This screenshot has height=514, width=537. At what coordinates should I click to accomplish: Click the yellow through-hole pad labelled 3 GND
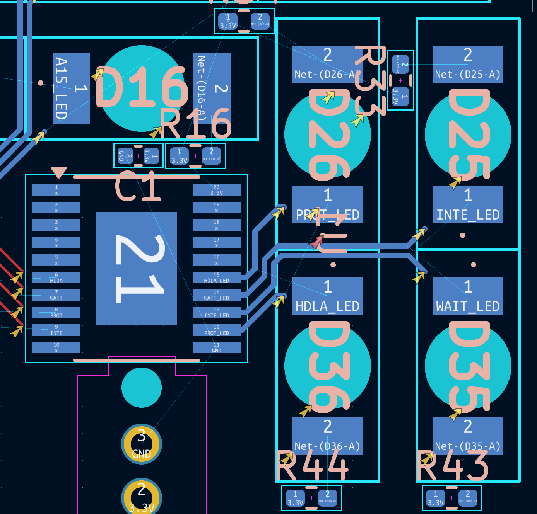(142, 444)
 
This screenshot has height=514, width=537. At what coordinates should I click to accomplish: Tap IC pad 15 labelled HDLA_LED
(216, 277)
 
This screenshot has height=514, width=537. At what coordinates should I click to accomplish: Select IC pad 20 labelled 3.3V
(216, 190)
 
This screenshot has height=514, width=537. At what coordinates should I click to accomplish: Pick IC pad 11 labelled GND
(216, 347)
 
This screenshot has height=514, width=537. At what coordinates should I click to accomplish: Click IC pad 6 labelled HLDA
(56, 277)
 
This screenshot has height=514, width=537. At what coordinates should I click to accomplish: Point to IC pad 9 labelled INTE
(56, 330)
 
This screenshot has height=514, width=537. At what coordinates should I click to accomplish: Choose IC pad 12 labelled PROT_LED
(216, 330)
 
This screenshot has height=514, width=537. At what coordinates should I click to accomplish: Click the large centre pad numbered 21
(136, 269)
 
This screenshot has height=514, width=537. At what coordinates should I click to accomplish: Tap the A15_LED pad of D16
(71, 89)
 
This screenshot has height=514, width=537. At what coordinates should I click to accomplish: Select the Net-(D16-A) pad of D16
(211, 89)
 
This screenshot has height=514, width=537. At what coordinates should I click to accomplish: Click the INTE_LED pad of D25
(468, 204)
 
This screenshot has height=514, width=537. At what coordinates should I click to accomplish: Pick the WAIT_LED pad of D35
(468, 296)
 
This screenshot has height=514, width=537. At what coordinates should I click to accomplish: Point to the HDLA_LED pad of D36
(327, 296)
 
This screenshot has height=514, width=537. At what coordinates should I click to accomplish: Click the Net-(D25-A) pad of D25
(468, 64)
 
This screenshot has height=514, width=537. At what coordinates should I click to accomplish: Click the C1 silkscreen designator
(138, 187)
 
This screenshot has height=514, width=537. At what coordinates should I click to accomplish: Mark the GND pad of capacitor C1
(125, 156)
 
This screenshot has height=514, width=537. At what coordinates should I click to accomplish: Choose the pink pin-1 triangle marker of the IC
(59, 172)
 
